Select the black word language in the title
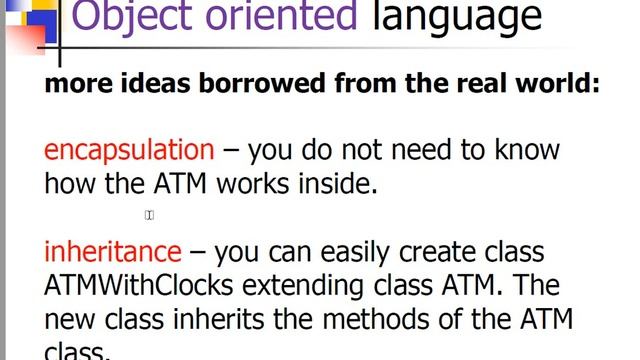coord(456,17)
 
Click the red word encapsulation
coord(129,151)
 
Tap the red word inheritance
coord(113,251)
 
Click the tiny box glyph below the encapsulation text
coord(149,215)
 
